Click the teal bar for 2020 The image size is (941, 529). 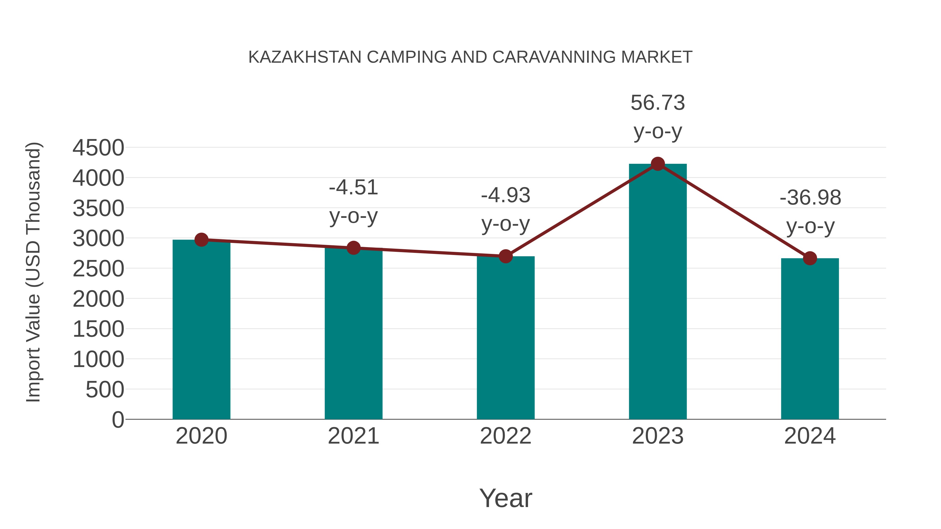pos(201,329)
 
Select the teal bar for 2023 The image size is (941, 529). pos(658,292)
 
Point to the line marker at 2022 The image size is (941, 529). pos(506,256)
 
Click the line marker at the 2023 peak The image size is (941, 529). pos(658,164)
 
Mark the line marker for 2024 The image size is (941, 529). pos(810,258)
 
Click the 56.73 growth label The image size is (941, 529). pos(658,103)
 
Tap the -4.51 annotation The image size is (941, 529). pos(353,188)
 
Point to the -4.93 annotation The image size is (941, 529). pos(506,195)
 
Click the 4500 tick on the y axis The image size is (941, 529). pos(98,148)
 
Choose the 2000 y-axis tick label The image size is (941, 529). pos(98,299)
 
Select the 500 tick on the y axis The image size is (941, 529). pos(105,390)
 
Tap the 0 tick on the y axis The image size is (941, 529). pos(118,420)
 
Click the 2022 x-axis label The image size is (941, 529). pos(506,436)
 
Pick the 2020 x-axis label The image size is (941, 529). pos(201,436)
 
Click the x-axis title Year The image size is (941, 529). pos(506,498)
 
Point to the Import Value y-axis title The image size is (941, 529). pos(33,272)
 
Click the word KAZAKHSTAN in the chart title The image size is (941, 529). pos(305,57)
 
